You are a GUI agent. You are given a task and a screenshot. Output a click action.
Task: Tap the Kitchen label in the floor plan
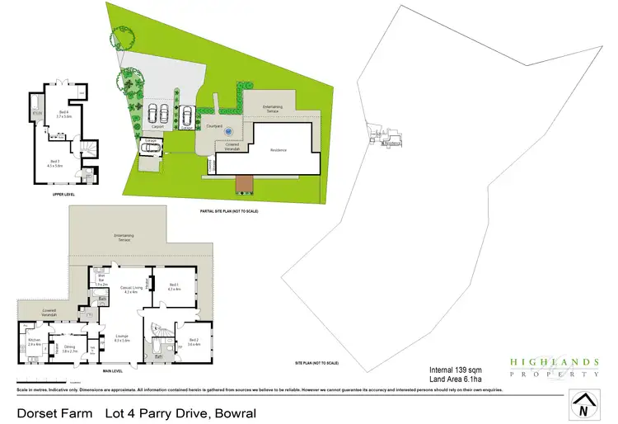pyautogui.click(x=35, y=342)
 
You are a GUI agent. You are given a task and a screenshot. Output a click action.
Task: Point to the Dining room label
pyautogui.click(x=70, y=348)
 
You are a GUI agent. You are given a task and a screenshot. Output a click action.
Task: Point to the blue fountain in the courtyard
pyautogui.click(x=230, y=131)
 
